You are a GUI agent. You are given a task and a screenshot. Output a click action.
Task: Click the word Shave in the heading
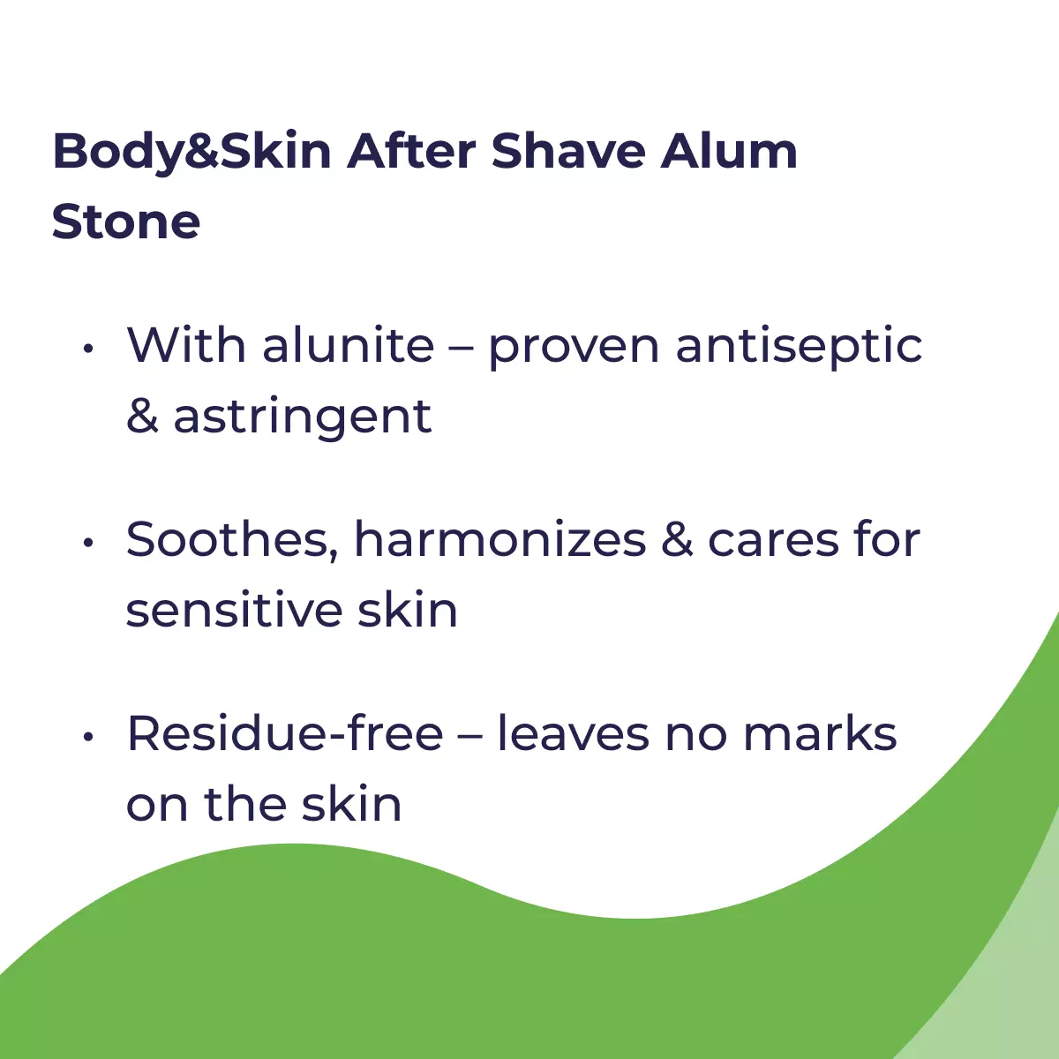tap(568, 151)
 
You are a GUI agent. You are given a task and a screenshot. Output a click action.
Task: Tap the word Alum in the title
tap(729, 151)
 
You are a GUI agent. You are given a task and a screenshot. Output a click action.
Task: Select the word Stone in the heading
tap(126, 222)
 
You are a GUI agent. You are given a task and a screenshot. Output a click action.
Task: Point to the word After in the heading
tap(411, 151)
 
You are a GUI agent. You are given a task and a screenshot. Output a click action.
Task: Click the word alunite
tap(349, 345)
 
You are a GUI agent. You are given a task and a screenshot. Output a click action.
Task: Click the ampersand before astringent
tap(142, 416)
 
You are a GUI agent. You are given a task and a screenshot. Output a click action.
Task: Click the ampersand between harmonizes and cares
tap(677, 539)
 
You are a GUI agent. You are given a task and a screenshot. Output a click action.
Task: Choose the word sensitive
tap(235, 610)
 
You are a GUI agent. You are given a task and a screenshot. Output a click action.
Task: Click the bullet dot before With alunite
tap(88, 348)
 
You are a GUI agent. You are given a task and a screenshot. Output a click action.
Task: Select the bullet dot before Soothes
tap(88, 543)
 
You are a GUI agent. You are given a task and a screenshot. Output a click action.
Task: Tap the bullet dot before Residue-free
tap(88, 736)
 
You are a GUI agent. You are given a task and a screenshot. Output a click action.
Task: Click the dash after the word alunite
tap(462, 349)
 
